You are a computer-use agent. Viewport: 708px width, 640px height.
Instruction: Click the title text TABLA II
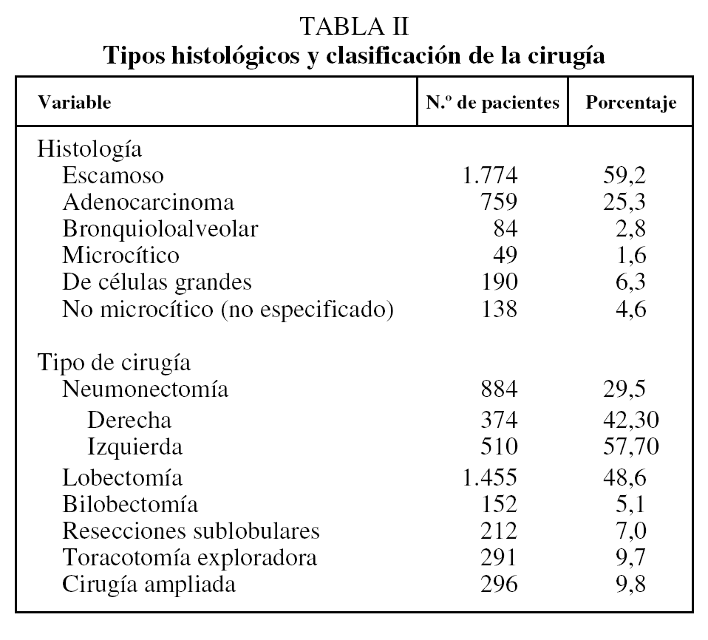[x=355, y=27]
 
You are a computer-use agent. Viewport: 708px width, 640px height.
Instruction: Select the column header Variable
[x=74, y=103]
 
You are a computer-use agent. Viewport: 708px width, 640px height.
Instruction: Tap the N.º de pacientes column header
[x=492, y=103]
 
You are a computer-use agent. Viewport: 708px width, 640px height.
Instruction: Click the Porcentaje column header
[x=630, y=103]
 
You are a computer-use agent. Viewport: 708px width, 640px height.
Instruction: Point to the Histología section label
[x=89, y=149]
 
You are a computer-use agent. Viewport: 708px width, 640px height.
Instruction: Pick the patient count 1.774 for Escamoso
[x=490, y=176]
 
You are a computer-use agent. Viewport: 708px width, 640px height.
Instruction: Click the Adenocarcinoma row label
[x=149, y=202]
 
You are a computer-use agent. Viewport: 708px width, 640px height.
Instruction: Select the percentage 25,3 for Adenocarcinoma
[x=630, y=202]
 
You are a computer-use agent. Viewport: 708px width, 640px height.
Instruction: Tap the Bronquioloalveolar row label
[x=160, y=229]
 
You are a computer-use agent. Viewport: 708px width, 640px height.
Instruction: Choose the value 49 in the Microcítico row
[x=505, y=256]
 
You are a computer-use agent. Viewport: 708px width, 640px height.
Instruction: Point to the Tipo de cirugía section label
[x=114, y=363]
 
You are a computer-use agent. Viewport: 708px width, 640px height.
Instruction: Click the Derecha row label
[x=129, y=421]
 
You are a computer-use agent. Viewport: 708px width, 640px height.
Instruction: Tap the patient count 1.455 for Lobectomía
[x=490, y=477]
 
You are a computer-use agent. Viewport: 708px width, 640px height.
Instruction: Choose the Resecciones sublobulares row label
[x=191, y=531]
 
